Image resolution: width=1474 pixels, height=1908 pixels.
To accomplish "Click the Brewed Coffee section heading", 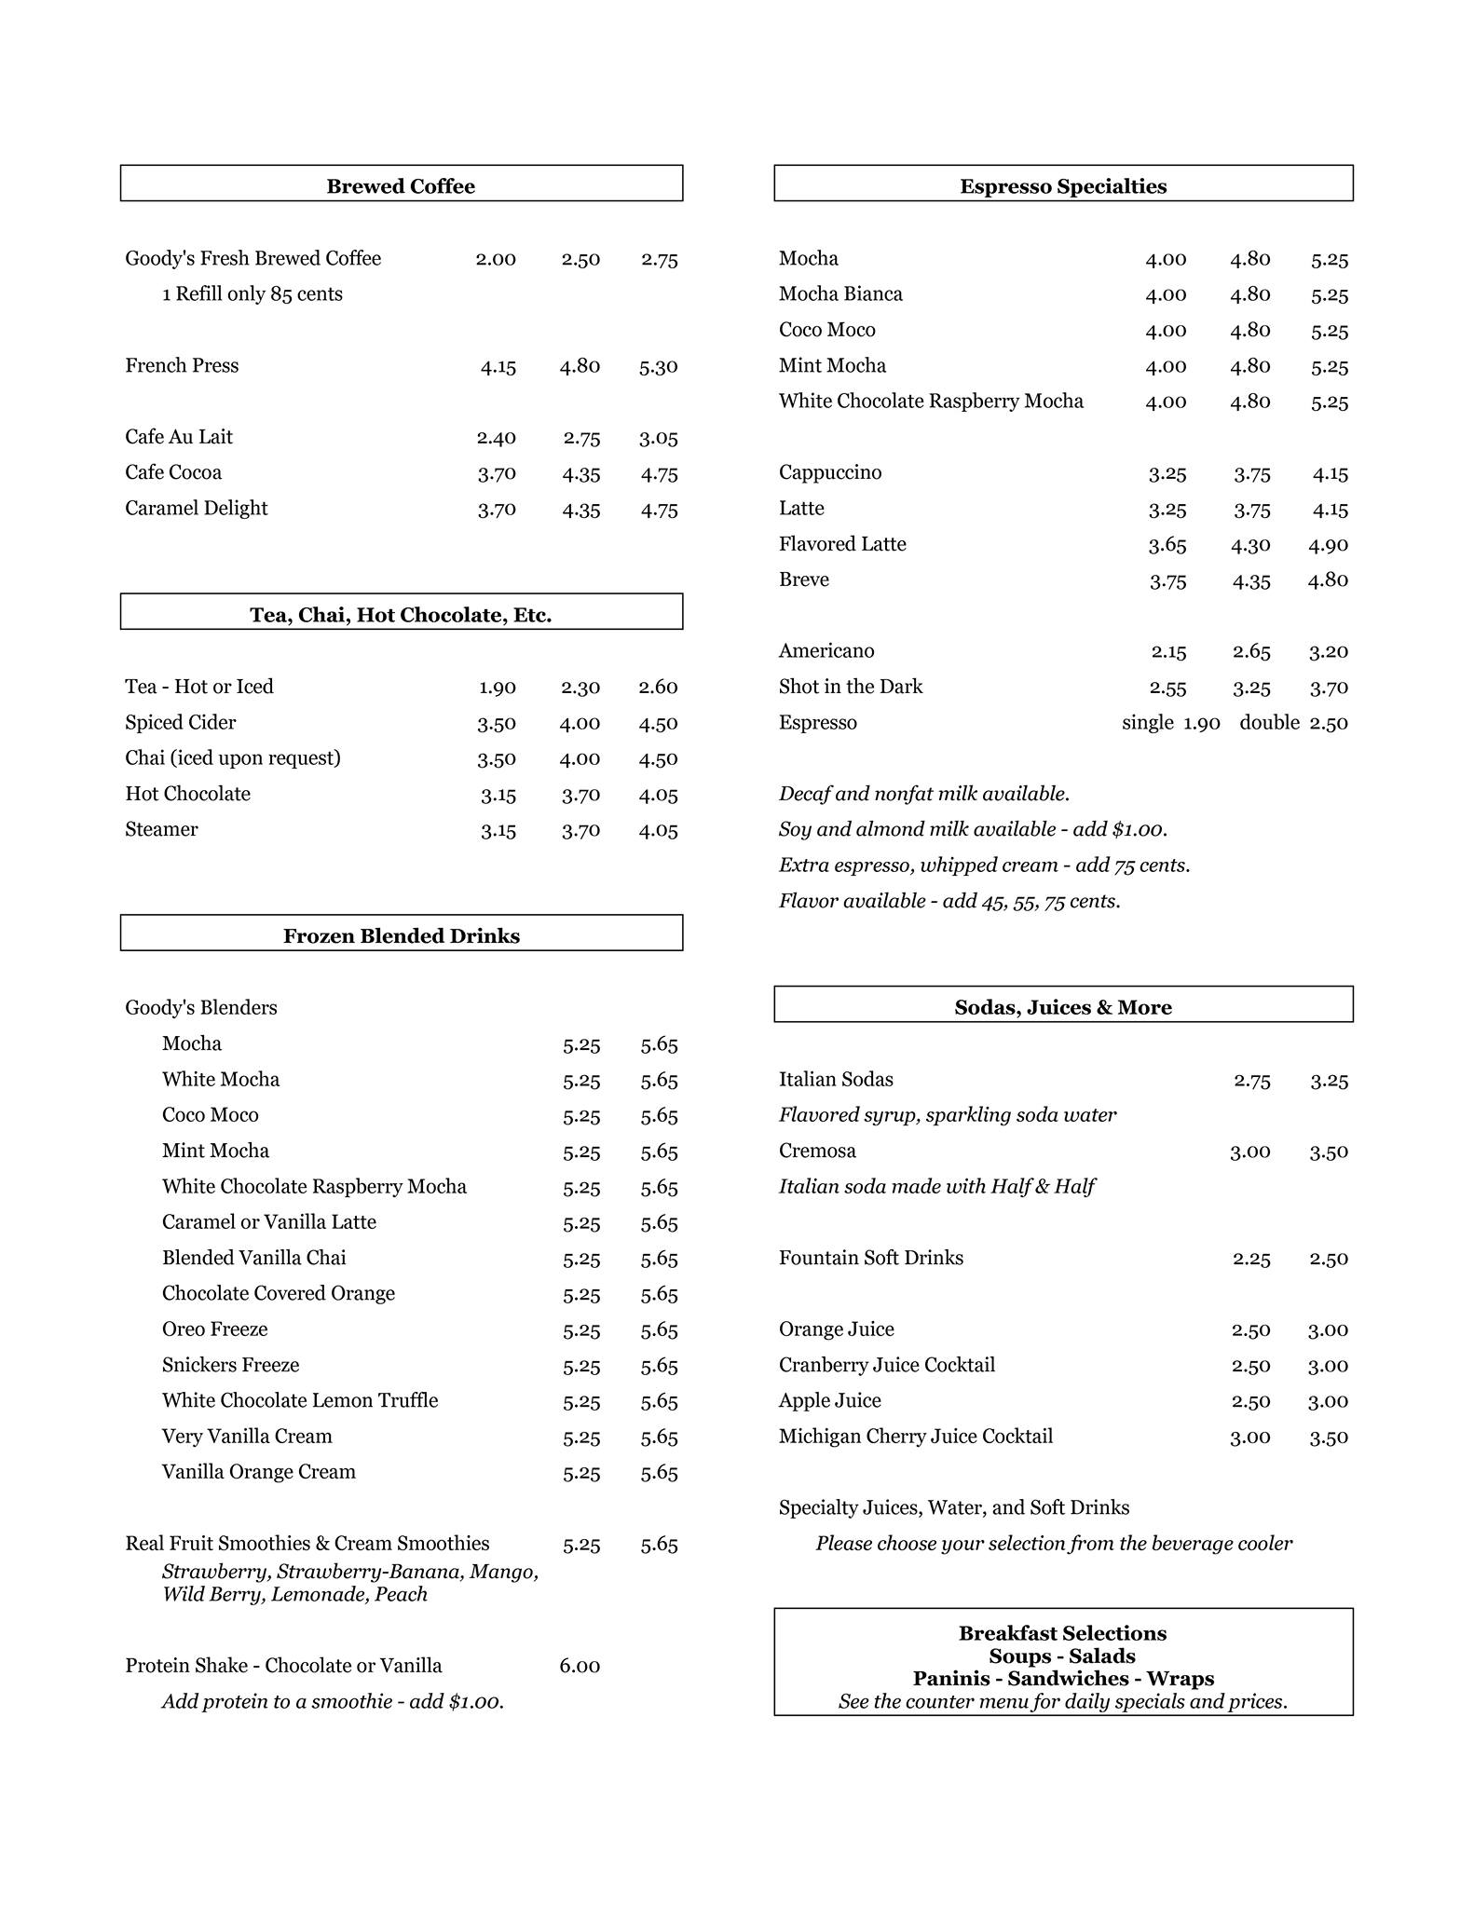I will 401,186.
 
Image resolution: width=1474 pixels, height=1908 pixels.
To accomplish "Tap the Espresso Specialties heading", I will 1063,186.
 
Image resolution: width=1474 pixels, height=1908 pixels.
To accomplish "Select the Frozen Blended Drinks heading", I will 401,936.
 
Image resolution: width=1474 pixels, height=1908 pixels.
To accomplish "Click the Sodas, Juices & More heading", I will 1063,1007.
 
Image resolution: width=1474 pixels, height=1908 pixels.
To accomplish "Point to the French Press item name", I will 182,365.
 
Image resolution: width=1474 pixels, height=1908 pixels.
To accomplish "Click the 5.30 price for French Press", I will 658,367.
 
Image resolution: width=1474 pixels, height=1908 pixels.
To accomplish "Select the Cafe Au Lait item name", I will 179,437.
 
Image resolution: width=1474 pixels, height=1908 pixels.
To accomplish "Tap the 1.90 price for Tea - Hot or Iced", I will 498,688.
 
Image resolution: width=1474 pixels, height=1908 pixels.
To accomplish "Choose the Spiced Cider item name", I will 181,723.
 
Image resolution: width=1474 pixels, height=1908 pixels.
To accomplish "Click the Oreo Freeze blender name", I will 214,1329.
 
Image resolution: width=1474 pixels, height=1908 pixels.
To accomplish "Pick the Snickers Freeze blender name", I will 230,1365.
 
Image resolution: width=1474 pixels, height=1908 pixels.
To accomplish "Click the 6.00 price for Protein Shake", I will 580,1666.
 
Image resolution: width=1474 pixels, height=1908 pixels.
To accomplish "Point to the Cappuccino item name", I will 830,472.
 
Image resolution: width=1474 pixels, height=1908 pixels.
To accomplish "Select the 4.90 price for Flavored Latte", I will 1328,545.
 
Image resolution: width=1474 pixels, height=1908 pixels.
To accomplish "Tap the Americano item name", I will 826,651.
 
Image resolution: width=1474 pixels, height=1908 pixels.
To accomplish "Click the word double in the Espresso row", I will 1269,723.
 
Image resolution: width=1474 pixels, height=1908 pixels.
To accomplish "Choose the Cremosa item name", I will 817,1151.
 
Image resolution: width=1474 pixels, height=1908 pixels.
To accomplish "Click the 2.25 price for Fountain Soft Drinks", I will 1251,1259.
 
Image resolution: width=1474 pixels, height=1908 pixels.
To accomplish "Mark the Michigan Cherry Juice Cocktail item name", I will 916,1437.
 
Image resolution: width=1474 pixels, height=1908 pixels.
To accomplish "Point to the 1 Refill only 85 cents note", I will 252,294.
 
